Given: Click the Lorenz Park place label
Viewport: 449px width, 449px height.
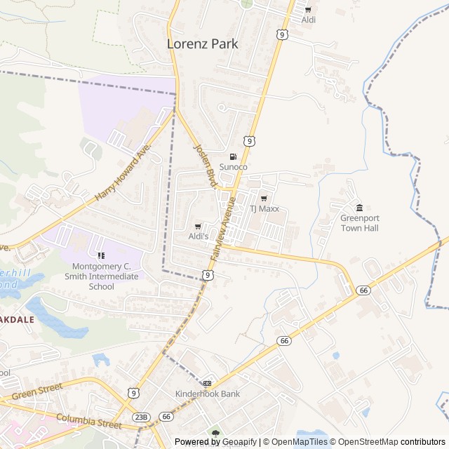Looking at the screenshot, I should [x=203, y=43].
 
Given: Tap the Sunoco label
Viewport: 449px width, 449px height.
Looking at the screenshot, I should [x=234, y=167].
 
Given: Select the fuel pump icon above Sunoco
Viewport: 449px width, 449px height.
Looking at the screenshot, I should [x=234, y=156].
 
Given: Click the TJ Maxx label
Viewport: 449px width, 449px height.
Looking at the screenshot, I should [x=264, y=209].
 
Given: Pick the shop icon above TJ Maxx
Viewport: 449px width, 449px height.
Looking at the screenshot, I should [x=264, y=199].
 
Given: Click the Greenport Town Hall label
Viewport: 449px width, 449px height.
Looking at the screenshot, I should [x=359, y=223].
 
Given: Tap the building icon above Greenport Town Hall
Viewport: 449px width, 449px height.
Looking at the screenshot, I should [x=359, y=208].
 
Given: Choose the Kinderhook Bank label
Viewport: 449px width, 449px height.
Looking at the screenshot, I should [x=207, y=394].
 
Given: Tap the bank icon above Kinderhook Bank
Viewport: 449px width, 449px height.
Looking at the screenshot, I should [x=207, y=383].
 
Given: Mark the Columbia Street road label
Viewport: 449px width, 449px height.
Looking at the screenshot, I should [x=89, y=422].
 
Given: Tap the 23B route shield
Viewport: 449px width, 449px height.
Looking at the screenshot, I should [x=141, y=417].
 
